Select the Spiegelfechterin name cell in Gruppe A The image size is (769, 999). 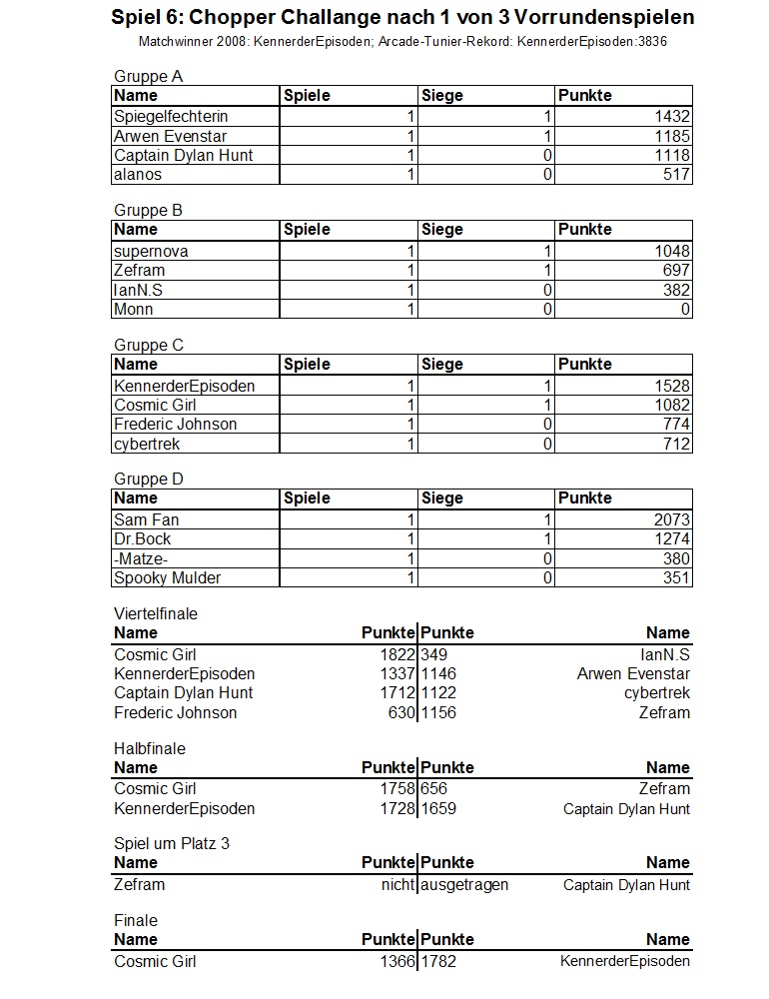[x=171, y=117]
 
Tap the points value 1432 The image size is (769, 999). [x=672, y=117]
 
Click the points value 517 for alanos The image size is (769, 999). [x=676, y=175]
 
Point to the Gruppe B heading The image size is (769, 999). [x=148, y=210]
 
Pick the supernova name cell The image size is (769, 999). [x=151, y=251]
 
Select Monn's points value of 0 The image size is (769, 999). [x=685, y=310]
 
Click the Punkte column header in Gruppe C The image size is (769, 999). [x=585, y=365]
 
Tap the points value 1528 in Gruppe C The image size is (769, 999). [x=672, y=386]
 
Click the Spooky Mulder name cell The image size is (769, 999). [x=168, y=577]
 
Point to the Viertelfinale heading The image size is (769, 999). [x=156, y=613]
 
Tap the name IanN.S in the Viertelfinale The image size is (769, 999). [x=665, y=654]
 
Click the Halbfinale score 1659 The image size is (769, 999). [x=438, y=808]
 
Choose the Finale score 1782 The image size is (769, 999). [x=438, y=961]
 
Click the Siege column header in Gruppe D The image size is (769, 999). [x=442, y=499]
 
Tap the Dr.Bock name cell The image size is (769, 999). [x=143, y=539]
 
